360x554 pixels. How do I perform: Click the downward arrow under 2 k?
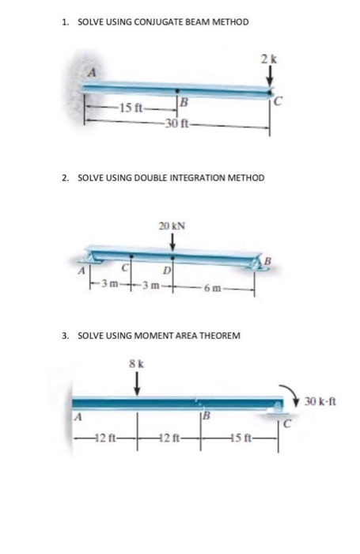pos(269,75)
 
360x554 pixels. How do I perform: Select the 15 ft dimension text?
pos(130,108)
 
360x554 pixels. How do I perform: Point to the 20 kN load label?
pos(172,226)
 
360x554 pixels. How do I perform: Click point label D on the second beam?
pos(179,273)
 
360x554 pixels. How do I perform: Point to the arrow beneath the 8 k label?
pos(135,382)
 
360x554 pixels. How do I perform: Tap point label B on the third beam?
pos(207,417)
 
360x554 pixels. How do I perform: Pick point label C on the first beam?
pos(275,101)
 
